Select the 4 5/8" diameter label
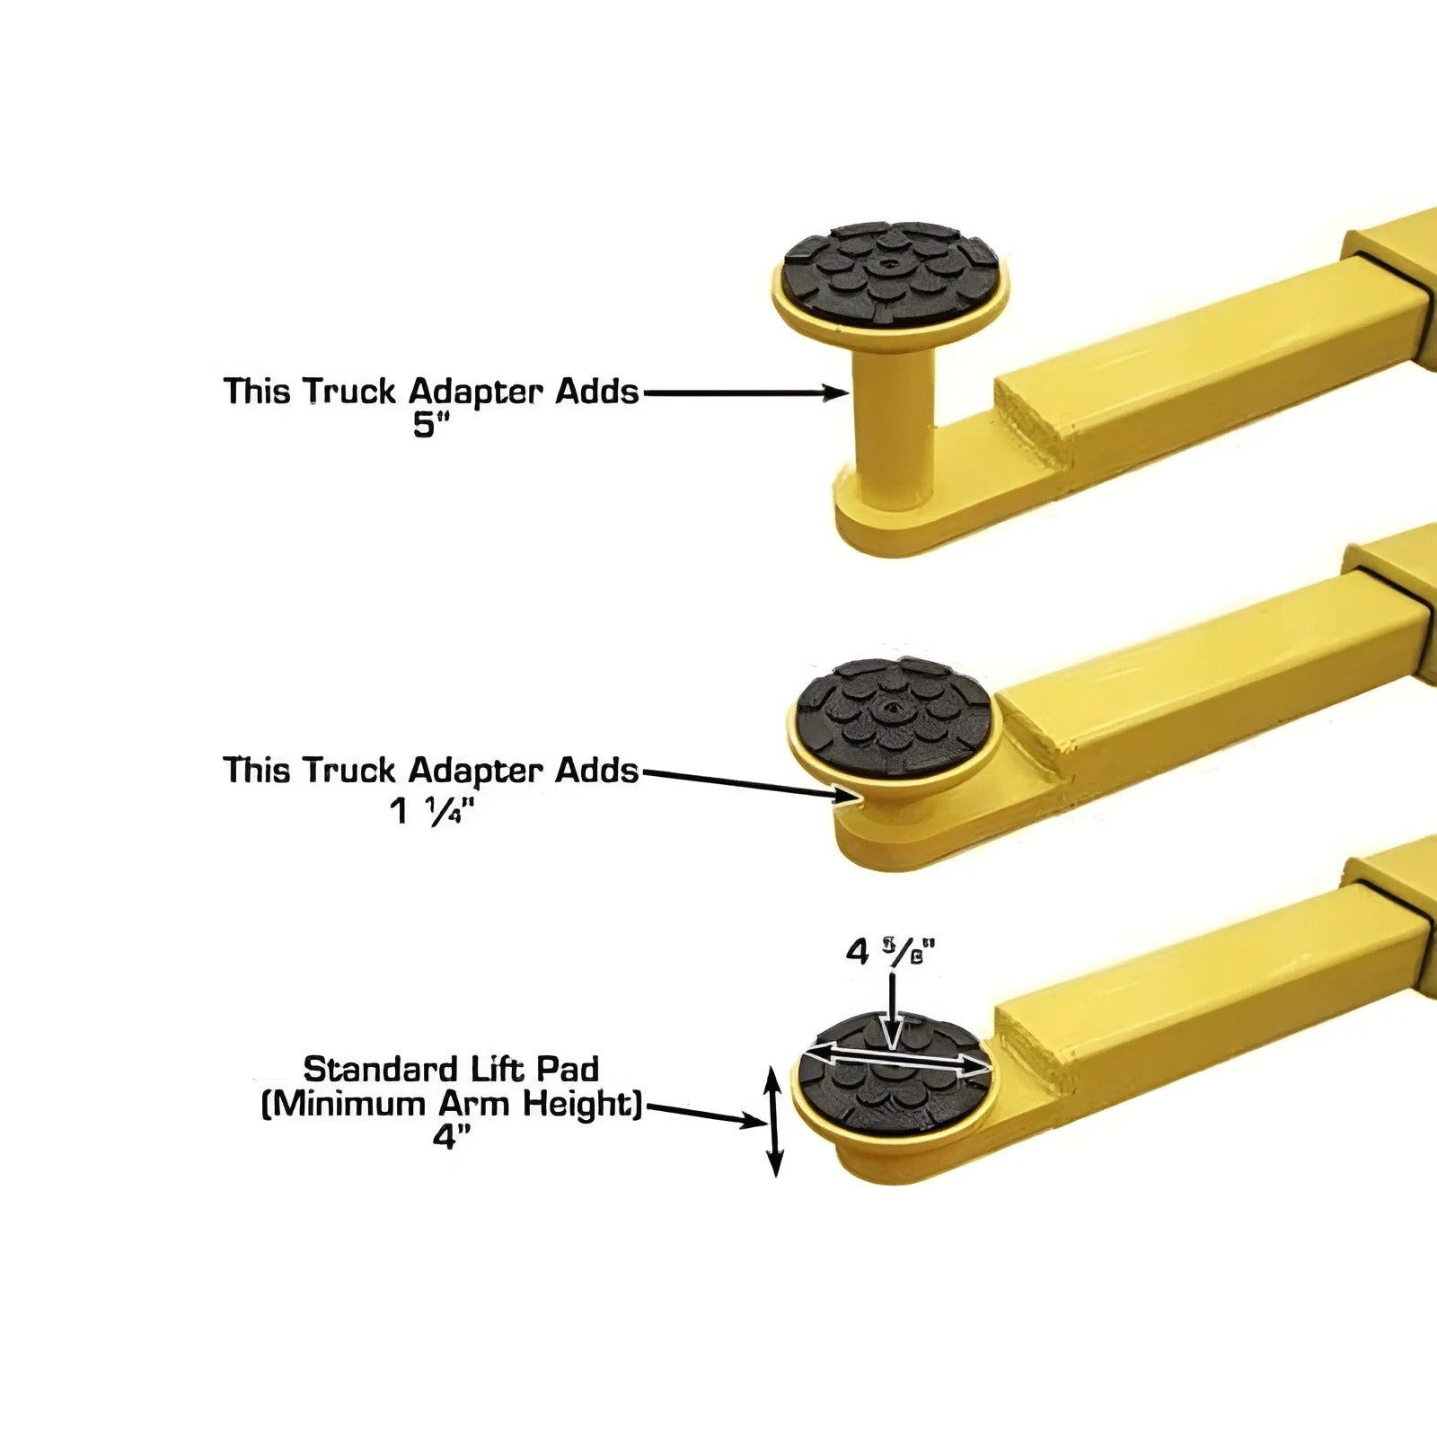[890, 951]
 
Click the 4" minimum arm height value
[451, 1138]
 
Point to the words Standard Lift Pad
[451, 1070]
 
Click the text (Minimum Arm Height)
[451, 1104]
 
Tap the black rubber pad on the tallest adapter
[890, 270]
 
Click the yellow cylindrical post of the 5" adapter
[894, 422]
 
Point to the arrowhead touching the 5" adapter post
[837, 392]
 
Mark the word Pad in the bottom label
[569, 1070]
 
